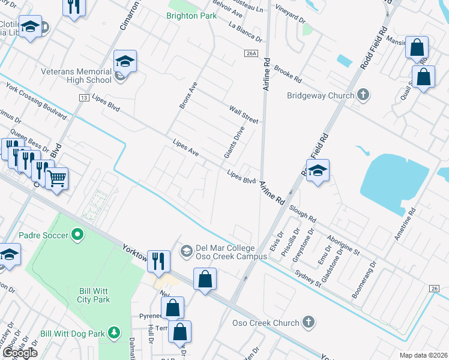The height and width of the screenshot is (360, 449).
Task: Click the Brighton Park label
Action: click(191, 16)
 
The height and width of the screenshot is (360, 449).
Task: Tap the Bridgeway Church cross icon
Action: click(363, 95)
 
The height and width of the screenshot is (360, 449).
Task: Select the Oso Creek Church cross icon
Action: click(309, 323)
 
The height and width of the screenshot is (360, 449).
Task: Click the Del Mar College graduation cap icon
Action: click(186, 250)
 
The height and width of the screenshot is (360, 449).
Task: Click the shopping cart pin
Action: click(57, 178)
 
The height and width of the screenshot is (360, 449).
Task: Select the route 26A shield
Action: click(251, 53)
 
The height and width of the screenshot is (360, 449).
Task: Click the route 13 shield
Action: click(83, 97)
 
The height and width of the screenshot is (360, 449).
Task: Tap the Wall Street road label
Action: click(243, 115)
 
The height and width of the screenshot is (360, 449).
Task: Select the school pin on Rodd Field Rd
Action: click(318, 170)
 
